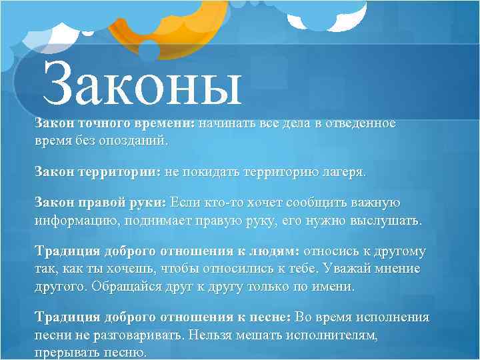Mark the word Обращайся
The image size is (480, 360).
click(x=123, y=287)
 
